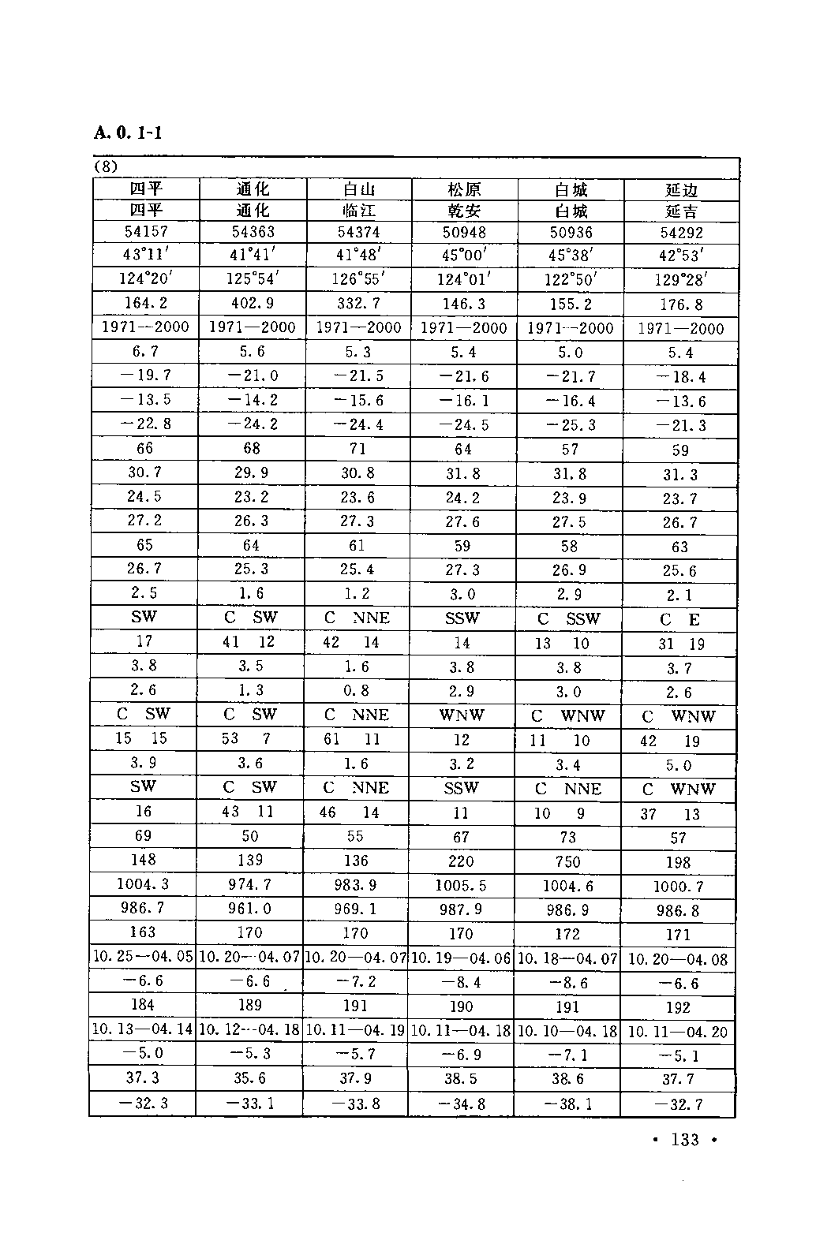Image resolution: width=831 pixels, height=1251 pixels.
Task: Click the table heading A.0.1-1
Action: click(127, 133)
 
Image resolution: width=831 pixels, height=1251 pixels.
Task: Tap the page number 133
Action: click(684, 1140)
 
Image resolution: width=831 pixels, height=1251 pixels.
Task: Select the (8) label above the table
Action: click(106, 167)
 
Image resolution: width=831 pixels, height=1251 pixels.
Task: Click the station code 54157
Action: click(146, 231)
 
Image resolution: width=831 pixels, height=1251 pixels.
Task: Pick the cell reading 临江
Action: click(357, 211)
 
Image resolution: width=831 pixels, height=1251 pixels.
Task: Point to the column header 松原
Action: click(464, 189)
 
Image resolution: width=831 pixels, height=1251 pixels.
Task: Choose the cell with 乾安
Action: click(464, 211)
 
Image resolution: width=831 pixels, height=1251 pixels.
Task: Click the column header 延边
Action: click(681, 190)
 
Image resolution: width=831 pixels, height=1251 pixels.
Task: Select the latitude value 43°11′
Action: click(145, 255)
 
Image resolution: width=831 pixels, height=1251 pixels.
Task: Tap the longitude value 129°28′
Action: click(681, 279)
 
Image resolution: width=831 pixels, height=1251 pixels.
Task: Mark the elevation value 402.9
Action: click(253, 303)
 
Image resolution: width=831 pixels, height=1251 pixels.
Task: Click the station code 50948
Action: click(464, 232)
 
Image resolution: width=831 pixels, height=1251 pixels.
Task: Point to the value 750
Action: click(567, 861)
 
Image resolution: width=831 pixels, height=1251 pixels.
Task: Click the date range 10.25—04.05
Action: click(143, 957)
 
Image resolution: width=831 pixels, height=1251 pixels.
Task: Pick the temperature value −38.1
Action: click(567, 1103)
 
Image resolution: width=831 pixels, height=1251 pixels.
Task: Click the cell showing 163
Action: click(143, 932)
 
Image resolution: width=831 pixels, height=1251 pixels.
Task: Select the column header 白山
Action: click(357, 189)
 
